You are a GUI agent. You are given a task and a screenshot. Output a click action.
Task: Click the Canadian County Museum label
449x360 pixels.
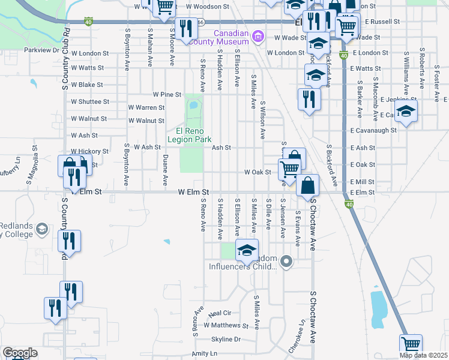[221, 37]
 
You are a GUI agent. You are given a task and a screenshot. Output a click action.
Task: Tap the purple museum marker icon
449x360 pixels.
[258, 37]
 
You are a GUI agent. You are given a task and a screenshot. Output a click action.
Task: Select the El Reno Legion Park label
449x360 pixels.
[194, 135]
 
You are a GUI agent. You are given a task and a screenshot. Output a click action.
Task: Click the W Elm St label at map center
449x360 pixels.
[193, 193]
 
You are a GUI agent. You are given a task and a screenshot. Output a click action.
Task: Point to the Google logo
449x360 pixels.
[19, 353]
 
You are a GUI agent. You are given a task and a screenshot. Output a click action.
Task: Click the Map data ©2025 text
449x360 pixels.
[423, 355]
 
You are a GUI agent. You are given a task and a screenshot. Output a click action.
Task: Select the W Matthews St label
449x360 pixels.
[226, 325]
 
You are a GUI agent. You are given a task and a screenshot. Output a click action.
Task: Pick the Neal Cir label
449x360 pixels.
[219, 313]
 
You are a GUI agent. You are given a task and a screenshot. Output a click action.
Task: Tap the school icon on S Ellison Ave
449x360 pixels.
[246, 251]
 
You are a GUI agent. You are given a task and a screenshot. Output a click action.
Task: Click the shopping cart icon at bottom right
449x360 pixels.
[411, 345]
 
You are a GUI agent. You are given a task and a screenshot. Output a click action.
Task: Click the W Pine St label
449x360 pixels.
[167, 94]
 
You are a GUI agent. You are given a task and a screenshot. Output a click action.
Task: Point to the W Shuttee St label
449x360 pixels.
[86, 102]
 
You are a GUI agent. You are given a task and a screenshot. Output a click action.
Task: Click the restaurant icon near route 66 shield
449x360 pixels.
[186, 28]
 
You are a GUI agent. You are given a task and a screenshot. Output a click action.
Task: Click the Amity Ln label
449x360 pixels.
[203, 354]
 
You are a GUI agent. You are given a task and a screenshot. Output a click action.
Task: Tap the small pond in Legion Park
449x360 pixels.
[193, 107]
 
